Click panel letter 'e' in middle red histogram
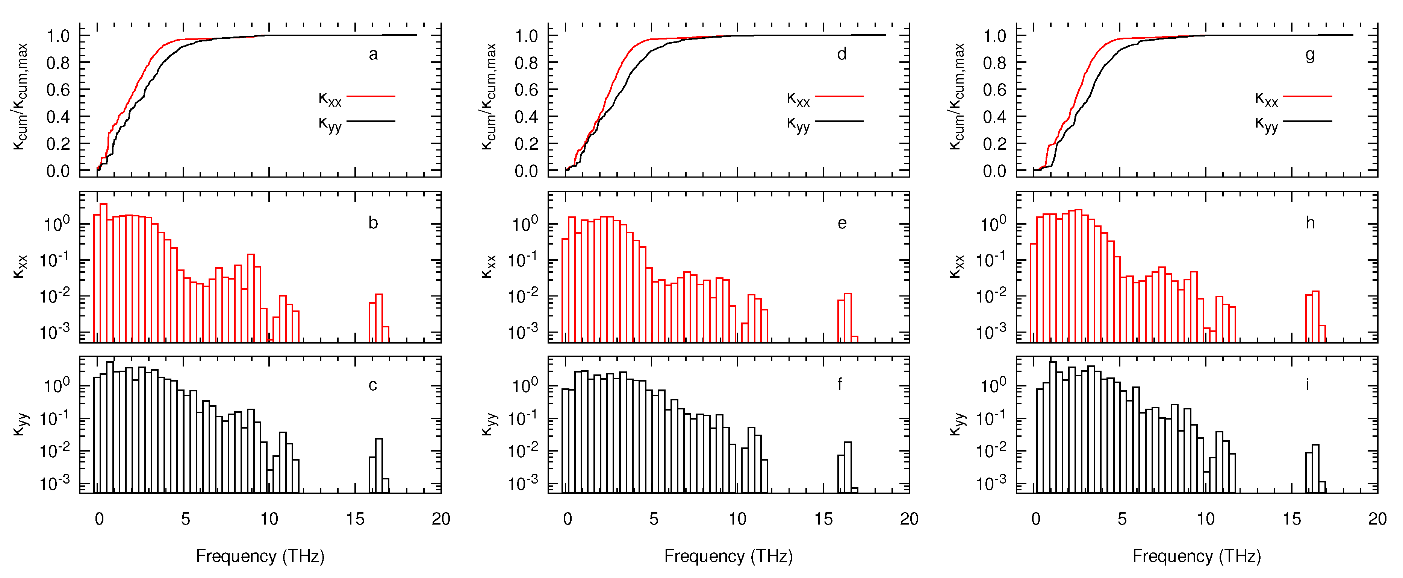point(841,224)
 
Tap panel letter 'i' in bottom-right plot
point(1307,385)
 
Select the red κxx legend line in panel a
point(371,96)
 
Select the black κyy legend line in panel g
point(1308,121)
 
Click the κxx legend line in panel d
point(839,96)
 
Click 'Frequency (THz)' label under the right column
point(1197,556)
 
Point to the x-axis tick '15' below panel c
point(355,519)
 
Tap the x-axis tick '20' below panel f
point(909,519)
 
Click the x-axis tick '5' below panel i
point(1121,519)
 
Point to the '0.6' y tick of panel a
point(58,90)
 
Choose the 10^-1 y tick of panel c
point(54,418)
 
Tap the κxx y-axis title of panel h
point(957,267)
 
